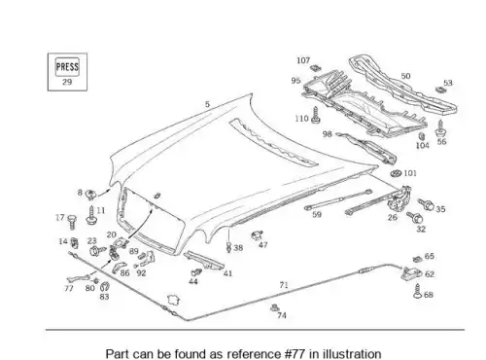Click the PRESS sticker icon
tap(67, 67)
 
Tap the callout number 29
tap(67, 82)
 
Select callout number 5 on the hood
tap(207, 104)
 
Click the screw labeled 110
tap(316, 116)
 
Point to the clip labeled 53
tap(440, 89)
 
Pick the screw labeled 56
tap(440, 128)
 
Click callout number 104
tap(423, 146)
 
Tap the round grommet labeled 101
tap(396, 173)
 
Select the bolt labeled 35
tap(426, 204)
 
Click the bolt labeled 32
tap(415, 217)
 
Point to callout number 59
tap(317, 214)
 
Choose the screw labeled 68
tap(417, 291)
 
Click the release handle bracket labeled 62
tap(411, 273)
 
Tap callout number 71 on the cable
tap(284, 285)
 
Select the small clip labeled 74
tap(275, 306)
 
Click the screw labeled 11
tap(91, 215)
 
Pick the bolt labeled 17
tap(72, 222)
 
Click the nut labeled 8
tap(90, 195)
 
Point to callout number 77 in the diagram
tap(69, 288)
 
